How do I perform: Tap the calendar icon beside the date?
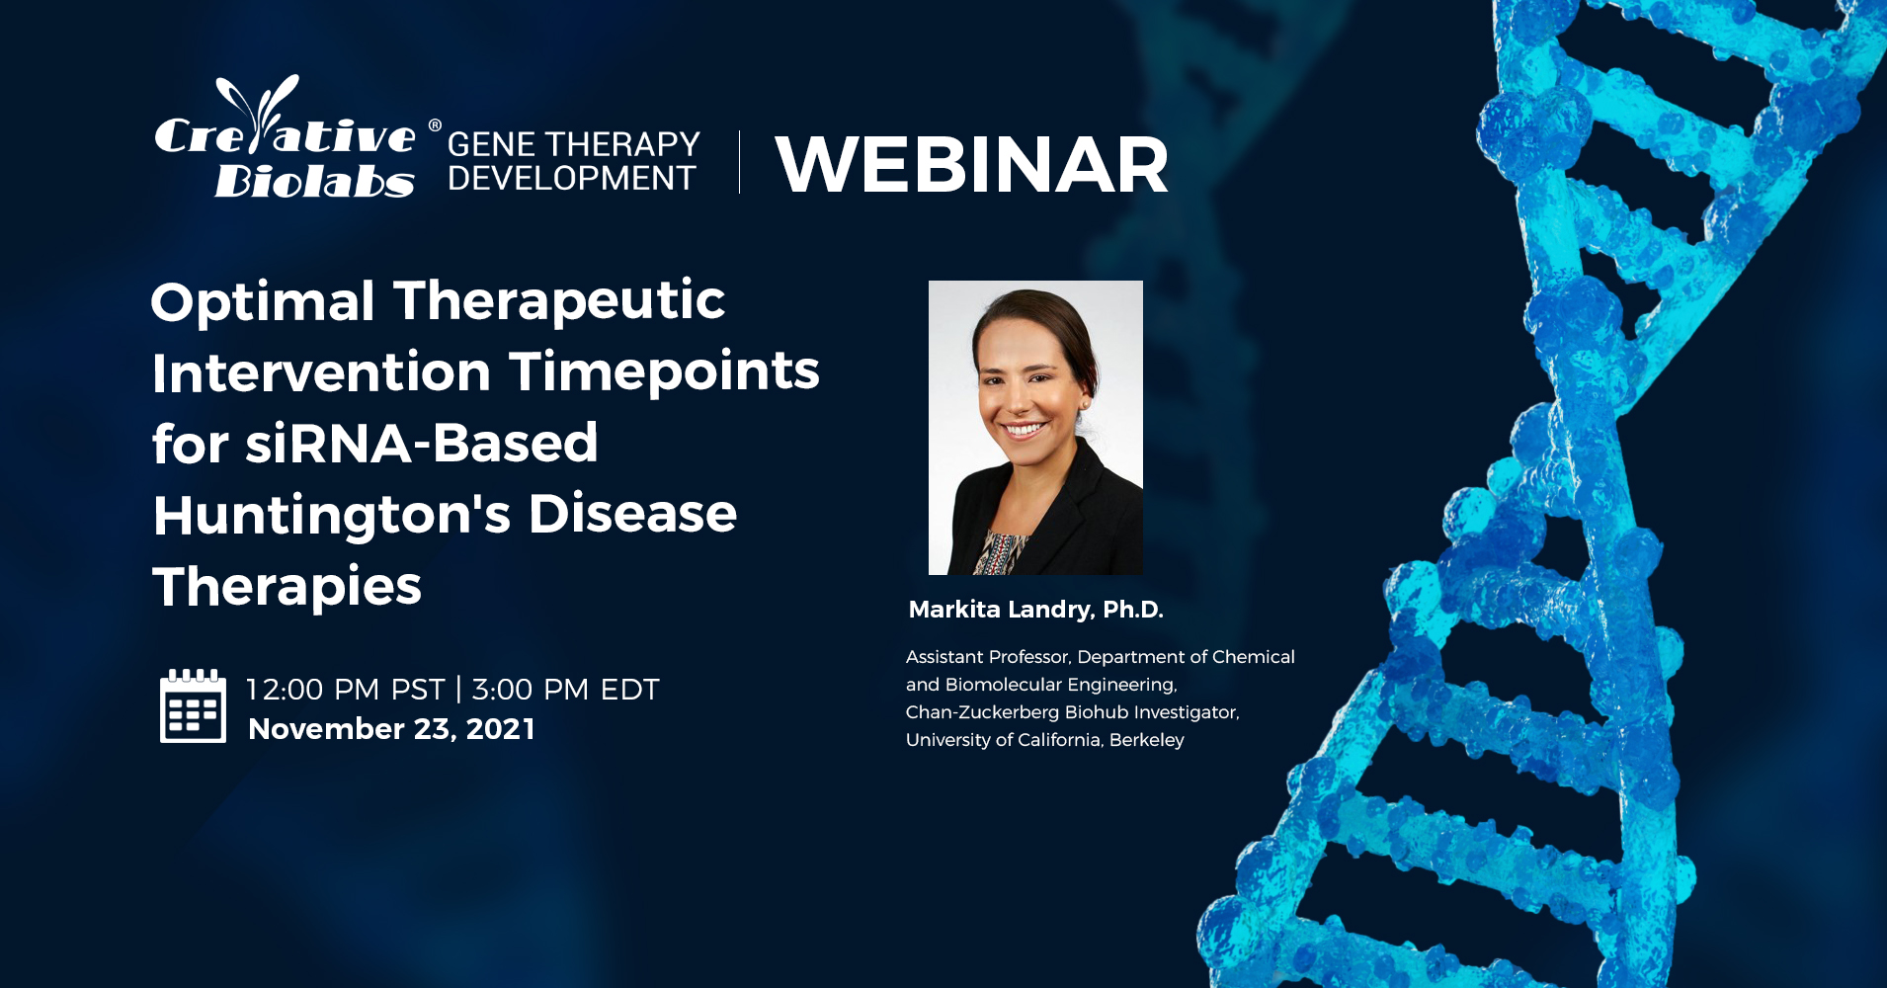193,705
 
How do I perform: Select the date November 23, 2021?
391,729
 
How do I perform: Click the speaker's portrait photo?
1035,428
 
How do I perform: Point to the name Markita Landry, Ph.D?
1035,610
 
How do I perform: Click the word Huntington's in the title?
332,516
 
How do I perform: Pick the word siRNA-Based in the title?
422,443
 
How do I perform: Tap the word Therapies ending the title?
287,587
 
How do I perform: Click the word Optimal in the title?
263,301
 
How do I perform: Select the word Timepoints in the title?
664,372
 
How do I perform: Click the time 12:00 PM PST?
345,689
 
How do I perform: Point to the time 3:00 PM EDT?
565,689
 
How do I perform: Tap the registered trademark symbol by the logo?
435,125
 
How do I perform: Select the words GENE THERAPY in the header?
573,144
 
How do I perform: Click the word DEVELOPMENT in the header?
572,178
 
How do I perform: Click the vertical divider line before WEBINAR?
739,162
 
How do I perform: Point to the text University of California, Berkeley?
1044,740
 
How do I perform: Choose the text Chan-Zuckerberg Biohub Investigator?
1072,712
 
